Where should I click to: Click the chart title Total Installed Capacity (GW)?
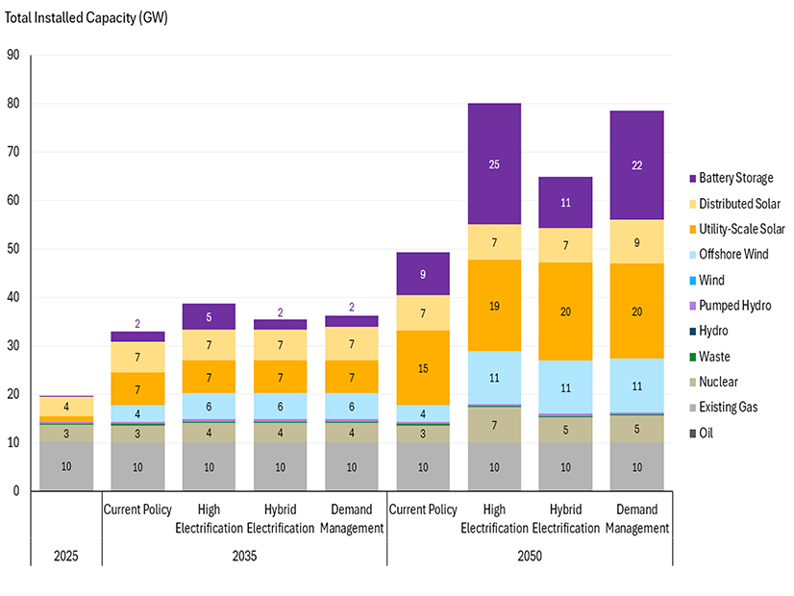[87, 19]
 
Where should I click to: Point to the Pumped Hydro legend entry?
[735, 306]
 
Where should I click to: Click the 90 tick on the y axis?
[13, 55]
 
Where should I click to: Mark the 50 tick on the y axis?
[13, 249]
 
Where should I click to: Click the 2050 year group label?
[529, 557]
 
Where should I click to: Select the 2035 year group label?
[245, 557]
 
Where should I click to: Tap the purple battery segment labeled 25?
[494, 164]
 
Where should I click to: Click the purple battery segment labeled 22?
[635, 165]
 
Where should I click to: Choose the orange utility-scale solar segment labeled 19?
[494, 306]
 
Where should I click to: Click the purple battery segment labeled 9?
[423, 274]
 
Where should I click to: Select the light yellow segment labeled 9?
[635, 242]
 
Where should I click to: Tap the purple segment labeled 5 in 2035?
[210, 316]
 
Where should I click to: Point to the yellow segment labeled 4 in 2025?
[66, 407]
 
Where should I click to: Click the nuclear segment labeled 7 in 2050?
[494, 425]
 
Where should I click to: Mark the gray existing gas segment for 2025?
[66, 466]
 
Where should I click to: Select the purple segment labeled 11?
[565, 203]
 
